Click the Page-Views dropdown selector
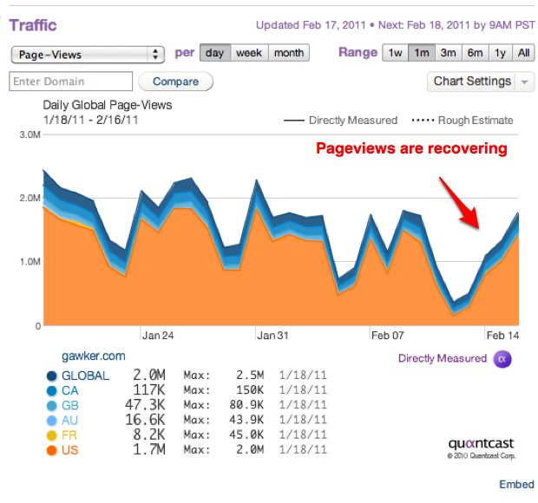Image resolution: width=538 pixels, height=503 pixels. point(87,54)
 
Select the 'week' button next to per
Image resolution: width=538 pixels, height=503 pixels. point(249,53)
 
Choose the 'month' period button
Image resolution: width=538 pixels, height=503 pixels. point(289,53)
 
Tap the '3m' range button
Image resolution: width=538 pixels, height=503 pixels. point(448,53)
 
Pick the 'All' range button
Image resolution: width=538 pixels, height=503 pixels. point(524,53)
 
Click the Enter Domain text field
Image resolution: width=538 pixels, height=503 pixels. point(70,82)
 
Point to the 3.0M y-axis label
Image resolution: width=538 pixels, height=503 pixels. point(29,135)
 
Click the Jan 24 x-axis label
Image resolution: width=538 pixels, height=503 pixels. point(158,335)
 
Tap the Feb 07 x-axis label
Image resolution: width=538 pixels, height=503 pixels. point(388,335)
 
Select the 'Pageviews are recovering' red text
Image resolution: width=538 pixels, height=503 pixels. point(410,148)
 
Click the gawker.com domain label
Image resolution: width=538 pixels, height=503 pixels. point(94,356)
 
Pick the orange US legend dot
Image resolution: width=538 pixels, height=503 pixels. point(52,449)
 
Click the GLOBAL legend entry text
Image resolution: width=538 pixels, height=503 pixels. point(85,376)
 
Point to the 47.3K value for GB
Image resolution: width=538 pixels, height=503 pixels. point(149,405)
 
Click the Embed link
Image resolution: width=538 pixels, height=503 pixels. point(515,485)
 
